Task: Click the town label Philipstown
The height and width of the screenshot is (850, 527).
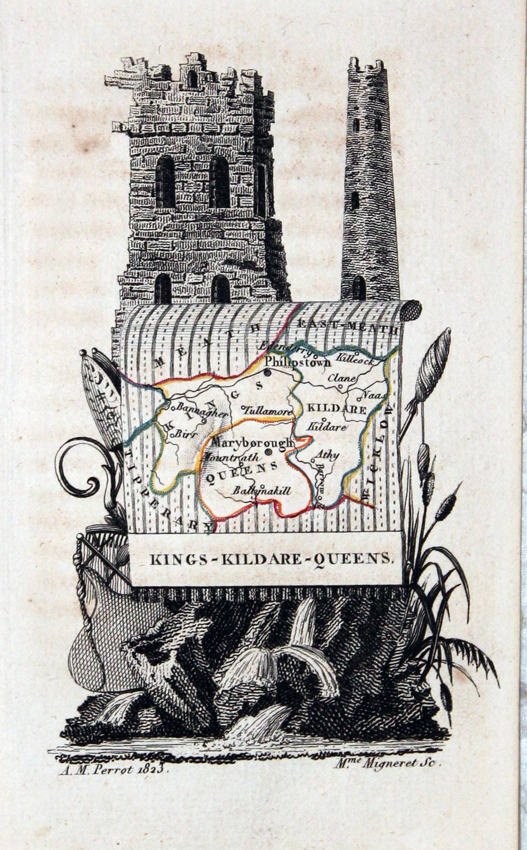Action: click(x=298, y=362)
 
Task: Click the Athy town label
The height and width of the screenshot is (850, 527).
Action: click(x=328, y=455)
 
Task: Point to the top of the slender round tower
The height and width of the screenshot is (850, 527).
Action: click(x=365, y=65)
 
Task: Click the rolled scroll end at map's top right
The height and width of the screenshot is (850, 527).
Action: click(x=410, y=311)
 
